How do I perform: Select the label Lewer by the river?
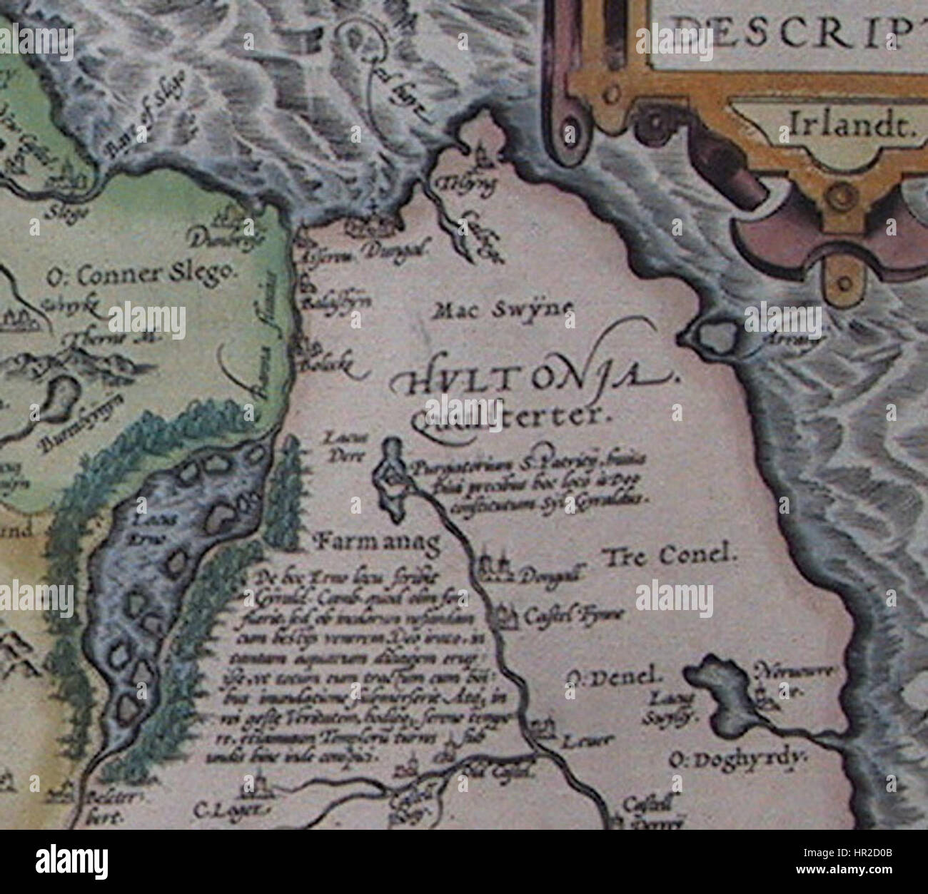578,741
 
